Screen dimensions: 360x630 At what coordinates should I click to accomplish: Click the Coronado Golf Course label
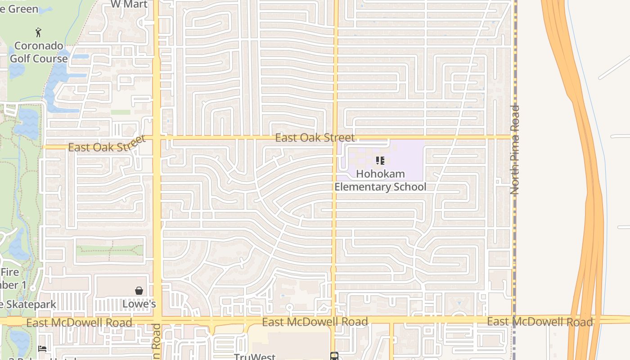[x=39, y=52]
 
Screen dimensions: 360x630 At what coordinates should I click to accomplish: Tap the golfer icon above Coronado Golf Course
[x=38, y=32]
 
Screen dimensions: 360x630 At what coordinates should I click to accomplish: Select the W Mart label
[x=129, y=4]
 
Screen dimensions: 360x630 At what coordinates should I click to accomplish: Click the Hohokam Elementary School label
[x=380, y=180]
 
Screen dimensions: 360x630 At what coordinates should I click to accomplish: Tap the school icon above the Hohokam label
[x=380, y=161]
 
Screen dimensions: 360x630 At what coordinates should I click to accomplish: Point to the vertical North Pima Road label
[x=515, y=150]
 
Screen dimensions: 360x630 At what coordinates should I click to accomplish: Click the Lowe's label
[x=139, y=304]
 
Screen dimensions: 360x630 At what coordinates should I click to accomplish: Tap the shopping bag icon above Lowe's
[x=139, y=291]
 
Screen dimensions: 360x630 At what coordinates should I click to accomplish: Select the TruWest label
[x=255, y=356]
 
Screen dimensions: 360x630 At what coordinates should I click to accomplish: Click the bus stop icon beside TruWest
[x=334, y=356]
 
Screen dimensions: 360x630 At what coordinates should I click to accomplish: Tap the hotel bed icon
[x=42, y=348]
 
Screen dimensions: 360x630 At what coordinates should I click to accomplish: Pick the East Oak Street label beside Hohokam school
[x=315, y=138]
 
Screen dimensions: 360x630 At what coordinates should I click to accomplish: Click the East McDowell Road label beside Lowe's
[x=79, y=323]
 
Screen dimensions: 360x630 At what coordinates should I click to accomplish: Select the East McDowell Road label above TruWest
[x=315, y=322]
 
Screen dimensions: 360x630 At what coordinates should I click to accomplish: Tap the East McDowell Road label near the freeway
[x=540, y=322]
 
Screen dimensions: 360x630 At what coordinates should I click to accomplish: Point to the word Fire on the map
[x=9, y=272]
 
